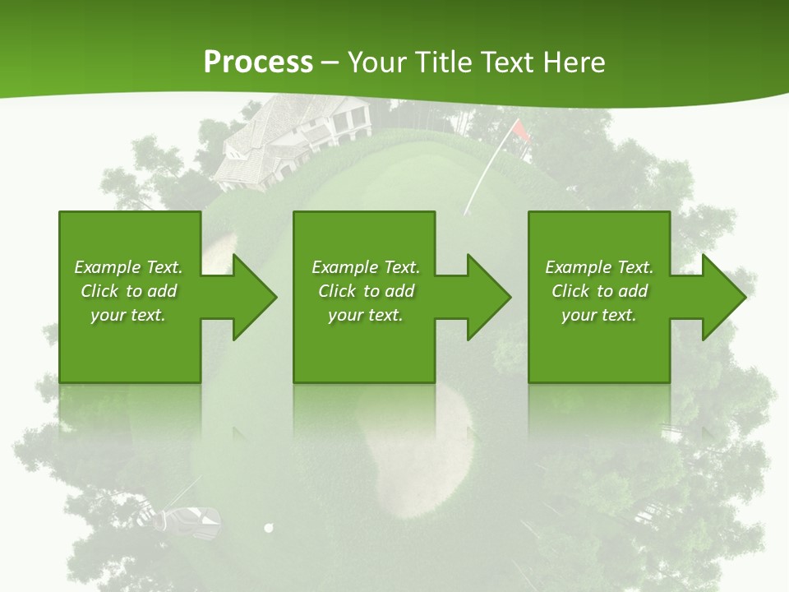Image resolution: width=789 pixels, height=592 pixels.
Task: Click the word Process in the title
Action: coord(258,62)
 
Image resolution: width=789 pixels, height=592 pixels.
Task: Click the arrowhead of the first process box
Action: coord(253,297)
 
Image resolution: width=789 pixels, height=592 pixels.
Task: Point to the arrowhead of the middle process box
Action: coord(487,297)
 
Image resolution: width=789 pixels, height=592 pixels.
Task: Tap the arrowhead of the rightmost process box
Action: coord(722,297)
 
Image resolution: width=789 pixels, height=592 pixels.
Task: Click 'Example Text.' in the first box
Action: coord(128,267)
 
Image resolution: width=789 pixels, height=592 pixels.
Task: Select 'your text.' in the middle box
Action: coord(365,315)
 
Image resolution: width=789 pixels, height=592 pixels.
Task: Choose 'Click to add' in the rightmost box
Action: coord(599,291)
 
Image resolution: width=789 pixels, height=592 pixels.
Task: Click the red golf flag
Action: coord(520,131)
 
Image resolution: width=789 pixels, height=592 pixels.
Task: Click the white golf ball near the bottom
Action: coord(268,528)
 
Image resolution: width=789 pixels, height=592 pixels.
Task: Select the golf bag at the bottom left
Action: coord(191,520)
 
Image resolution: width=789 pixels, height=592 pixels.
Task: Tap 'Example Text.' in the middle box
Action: coord(365,267)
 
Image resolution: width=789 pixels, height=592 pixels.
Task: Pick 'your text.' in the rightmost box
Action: coord(599,315)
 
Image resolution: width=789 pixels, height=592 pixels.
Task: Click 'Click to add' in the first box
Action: coord(128,291)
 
